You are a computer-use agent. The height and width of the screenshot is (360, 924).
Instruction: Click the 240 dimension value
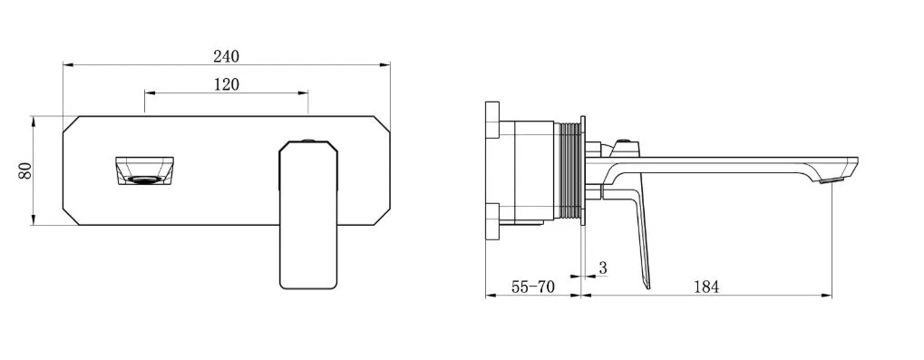coord(227,56)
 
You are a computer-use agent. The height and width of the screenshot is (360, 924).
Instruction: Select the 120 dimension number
coord(227,85)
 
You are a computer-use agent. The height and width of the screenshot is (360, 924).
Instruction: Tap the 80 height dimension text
coord(24,170)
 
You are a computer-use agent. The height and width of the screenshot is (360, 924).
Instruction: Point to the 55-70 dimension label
coord(533,287)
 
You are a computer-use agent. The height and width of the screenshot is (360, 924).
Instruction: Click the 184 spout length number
coord(706,287)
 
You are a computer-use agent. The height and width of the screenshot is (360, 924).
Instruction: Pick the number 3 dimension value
coord(602,268)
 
